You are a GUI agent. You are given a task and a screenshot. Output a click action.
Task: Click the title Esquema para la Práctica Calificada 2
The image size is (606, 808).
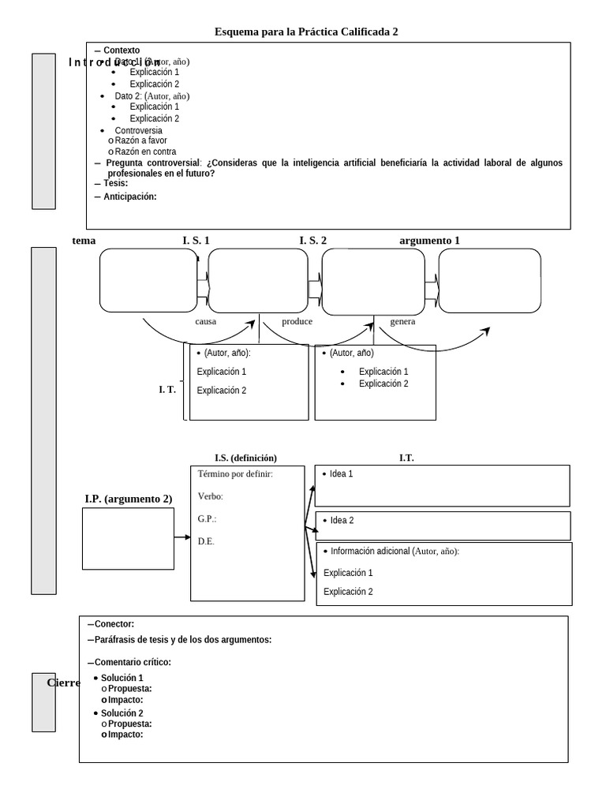[306, 32]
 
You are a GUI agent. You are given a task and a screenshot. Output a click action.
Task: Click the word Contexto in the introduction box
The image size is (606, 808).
[122, 50]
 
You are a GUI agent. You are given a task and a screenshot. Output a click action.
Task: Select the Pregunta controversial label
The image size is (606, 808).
[152, 163]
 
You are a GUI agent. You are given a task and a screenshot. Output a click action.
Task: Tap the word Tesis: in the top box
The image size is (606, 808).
[115, 183]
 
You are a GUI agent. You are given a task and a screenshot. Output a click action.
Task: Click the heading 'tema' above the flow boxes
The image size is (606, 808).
[84, 241]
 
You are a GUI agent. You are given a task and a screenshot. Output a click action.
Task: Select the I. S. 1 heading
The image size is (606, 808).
[196, 241]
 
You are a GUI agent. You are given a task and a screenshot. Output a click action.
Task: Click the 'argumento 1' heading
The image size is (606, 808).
[429, 241]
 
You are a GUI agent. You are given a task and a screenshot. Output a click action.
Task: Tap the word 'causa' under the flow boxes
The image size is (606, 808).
[205, 322]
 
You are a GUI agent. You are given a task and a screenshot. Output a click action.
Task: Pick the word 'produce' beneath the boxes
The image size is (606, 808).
[297, 322]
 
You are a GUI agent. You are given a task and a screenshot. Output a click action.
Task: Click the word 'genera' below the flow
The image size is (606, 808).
[402, 322]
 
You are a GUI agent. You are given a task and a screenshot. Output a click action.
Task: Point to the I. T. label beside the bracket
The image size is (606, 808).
[166, 389]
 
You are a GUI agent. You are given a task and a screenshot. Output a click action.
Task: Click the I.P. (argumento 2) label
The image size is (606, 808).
[128, 499]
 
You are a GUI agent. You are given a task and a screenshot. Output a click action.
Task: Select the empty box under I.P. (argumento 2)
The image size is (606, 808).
[128, 538]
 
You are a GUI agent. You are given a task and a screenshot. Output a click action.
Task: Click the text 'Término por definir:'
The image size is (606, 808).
[235, 474]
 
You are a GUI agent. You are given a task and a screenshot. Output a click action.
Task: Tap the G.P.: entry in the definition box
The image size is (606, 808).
[207, 519]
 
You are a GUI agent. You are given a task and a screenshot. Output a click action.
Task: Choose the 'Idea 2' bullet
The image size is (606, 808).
[341, 521]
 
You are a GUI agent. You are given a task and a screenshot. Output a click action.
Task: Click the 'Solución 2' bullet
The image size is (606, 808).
[122, 713]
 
